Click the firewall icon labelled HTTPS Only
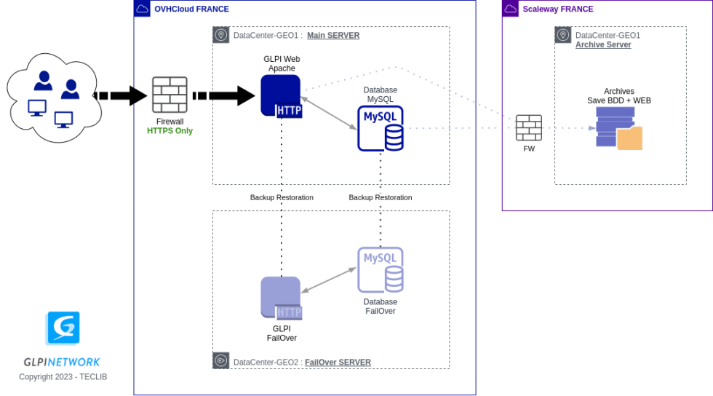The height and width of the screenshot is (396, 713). click(170, 95)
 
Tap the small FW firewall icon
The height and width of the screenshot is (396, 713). click(529, 128)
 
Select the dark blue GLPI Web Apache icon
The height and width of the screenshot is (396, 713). click(281, 95)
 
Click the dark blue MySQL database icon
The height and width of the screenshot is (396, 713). click(381, 128)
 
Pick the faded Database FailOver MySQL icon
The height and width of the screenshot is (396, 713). click(381, 269)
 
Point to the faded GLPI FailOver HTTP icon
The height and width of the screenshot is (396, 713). click(281, 298)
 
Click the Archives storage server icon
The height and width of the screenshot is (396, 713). click(618, 128)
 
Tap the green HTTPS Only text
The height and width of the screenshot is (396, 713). click(170, 131)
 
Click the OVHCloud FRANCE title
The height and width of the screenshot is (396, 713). click(191, 9)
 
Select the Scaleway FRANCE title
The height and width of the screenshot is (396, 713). click(558, 9)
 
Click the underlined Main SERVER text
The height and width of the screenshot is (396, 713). click(333, 35)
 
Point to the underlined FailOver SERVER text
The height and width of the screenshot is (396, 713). click(338, 362)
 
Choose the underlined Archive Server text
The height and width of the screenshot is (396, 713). click(603, 44)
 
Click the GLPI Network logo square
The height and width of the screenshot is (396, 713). click(63, 328)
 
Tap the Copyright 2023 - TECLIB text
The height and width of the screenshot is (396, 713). click(63, 376)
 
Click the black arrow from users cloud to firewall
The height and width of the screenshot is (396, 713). click(121, 95)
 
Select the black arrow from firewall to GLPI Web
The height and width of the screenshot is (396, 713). click(223, 95)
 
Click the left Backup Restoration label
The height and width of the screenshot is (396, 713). click(282, 197)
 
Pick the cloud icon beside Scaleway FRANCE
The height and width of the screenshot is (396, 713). click(511, 9)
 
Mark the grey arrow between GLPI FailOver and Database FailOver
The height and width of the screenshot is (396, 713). click(328, 280)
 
